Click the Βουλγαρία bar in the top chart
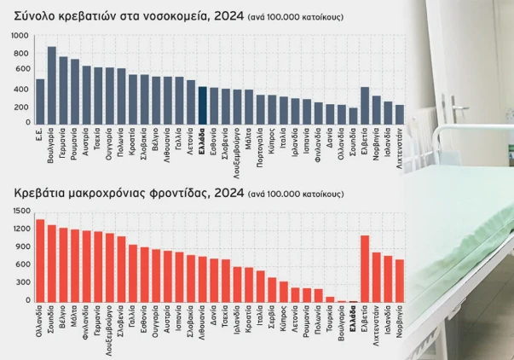click(52, 85)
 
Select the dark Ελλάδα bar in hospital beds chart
click(203, 105)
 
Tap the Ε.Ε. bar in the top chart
click(40, 102)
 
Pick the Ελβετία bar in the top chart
click(365, 106)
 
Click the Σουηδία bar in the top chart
click(353, 116)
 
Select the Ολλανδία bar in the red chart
click(40, 261)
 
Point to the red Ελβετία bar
click(365, 269)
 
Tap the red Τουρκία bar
click(330, 299)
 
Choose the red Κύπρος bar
click(284, 292)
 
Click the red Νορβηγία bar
click(400, 281)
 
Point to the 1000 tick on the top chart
click(20, 36)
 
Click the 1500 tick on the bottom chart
click(21, 211)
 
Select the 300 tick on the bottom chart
click(23, 282)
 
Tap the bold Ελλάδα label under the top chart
click(203, 137)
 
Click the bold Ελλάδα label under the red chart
click(353, 315)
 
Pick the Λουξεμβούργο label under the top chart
click(237, 154)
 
